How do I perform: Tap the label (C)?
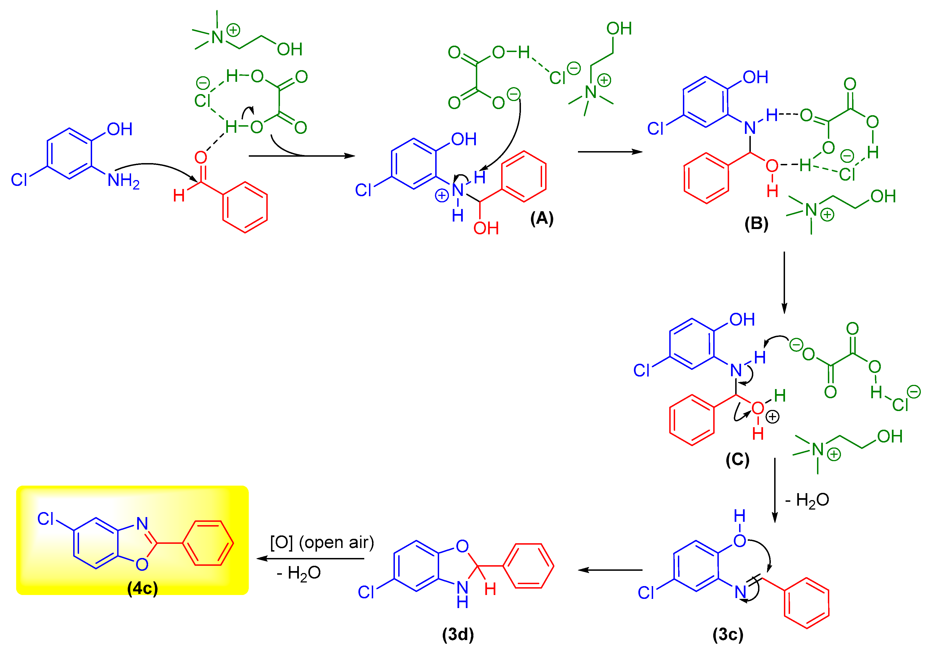[737, 460]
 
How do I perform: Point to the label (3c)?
[728, 634]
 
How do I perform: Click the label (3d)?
[458, 634]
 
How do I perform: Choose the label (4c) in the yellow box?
[142, 588]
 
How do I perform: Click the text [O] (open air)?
[322, 543]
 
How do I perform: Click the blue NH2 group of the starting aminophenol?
[123, 181]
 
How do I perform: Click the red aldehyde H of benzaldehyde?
[179, 196]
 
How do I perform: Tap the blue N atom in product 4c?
[142, 523]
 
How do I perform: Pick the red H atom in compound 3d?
[490, 589]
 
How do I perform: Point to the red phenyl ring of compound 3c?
[806, 603]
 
